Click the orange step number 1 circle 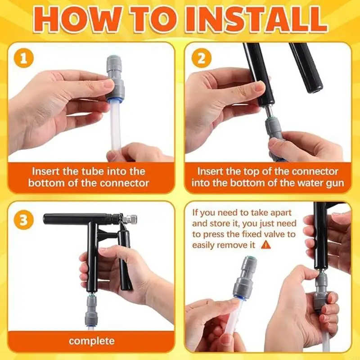click(x=24, y=58)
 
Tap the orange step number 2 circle click(x=201, y=58)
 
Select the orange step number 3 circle click(x=24, y=220)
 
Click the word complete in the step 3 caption click(x=92, y=341)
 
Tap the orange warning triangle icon click(x=266, y=245)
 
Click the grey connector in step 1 click(x=115, y=77)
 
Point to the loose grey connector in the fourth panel click(x=244, y=278)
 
